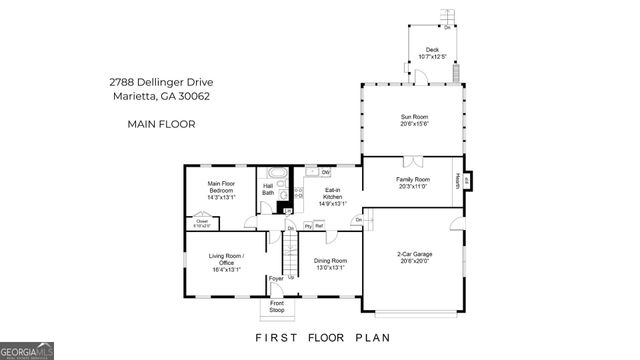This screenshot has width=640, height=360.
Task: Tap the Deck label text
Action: pos(432,53)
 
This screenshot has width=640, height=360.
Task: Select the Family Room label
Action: pos(413,183)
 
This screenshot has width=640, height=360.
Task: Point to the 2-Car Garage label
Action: pos(414,258)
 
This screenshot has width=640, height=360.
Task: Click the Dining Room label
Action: pos(330,264)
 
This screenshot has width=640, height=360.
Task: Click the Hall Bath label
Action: pos(268,189)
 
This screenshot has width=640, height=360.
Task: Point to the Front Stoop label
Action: pos(277,305)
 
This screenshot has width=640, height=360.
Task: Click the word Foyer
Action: pos(275,279)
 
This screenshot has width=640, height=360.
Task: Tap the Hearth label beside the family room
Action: pos(459,180)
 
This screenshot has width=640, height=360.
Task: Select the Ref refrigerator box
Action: pos(320,227)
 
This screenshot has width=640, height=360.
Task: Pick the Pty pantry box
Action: pos(308,227)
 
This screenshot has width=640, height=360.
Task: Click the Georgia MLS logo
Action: pos(27,351)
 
